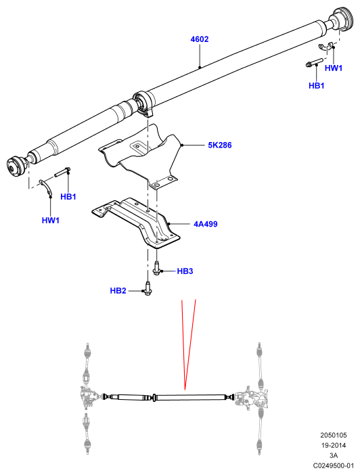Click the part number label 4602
point(200,39)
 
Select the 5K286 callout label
point(220,145)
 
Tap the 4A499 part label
point(206,224)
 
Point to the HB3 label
point(185,271)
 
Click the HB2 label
point(118,291)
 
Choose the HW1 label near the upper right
point(334,68)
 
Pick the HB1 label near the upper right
point(317,86)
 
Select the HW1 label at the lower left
point(51,220)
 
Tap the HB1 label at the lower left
point(68,197)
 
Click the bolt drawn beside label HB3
point(157,269)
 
